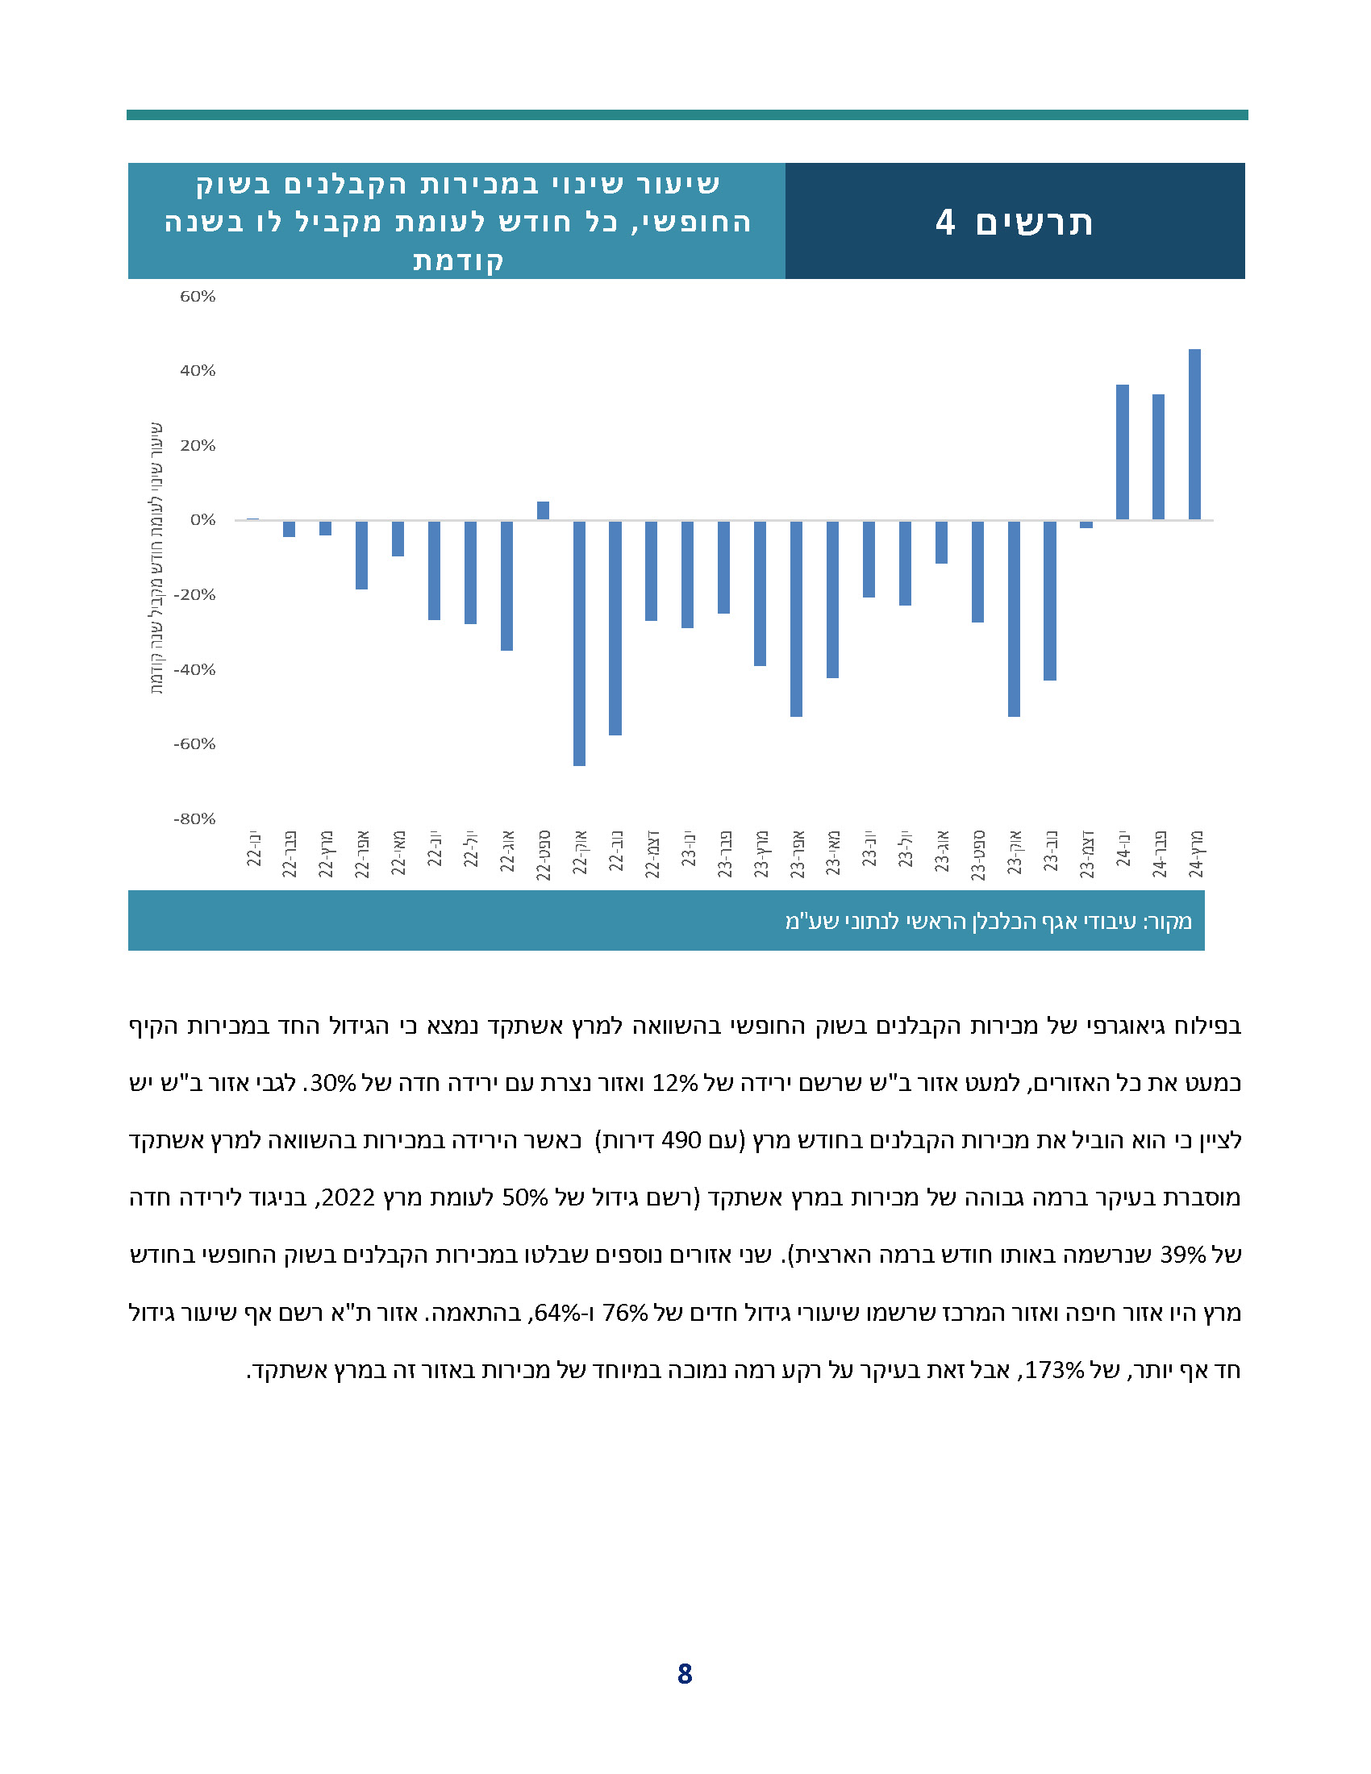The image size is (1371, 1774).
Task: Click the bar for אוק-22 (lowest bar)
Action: [579, 643]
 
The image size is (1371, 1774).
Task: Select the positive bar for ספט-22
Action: [543, 511]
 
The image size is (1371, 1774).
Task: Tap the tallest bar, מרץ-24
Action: [1194, 435]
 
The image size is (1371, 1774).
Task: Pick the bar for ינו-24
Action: [1122, 452]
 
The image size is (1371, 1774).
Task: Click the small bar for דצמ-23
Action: [1086, 525]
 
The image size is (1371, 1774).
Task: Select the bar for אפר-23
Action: [796, 618]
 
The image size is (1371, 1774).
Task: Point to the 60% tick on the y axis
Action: [198, 297]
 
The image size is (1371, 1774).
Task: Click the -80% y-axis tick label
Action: [195, 818]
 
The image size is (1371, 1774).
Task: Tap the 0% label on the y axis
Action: [202, 520]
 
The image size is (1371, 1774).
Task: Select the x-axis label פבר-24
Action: [1158, 854]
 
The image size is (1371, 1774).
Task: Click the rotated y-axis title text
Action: [156, 558]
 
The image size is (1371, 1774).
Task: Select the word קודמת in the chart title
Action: [458, 260]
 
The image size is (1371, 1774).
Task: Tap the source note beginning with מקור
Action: [988, 921]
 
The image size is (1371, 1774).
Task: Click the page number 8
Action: [685, 1674]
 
